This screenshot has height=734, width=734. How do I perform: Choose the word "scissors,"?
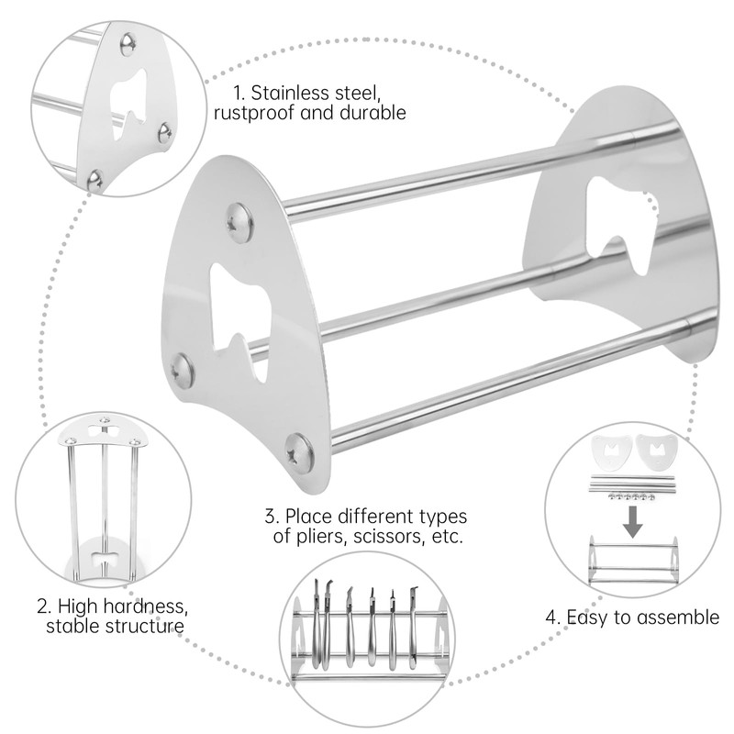click(385, 537)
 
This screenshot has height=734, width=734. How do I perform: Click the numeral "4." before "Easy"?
click(553, 617)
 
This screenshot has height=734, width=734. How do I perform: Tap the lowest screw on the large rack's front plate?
click(298, 450)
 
